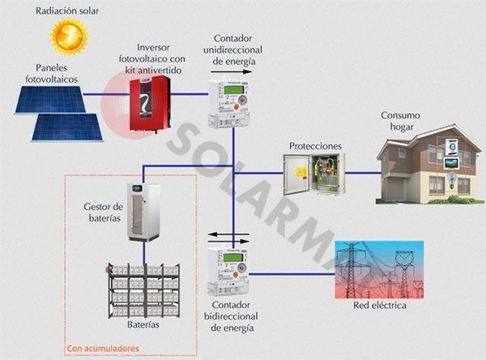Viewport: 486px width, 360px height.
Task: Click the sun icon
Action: point(69,36)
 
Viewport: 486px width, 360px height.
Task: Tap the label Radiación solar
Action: point(67,11)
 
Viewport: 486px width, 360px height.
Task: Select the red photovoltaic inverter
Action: point(149,104)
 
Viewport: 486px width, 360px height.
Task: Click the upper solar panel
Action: point(50,100)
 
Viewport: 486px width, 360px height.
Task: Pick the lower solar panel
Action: point(67,127)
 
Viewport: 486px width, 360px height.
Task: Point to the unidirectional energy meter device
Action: point(229,103)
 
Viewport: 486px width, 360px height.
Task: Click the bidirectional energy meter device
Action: point(228,271)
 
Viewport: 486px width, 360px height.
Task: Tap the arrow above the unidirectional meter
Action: point(231,71)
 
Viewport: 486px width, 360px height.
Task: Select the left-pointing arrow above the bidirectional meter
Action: point(228,234)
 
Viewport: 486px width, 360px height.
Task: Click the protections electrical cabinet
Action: point(313,174)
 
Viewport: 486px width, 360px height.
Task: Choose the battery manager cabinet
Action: point(144,212)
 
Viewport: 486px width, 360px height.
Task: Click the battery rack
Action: point(144,291)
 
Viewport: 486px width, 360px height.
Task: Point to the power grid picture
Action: point(379,270)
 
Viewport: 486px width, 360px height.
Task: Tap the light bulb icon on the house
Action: point(452,179)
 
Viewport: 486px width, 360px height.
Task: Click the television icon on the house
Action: point(451,163)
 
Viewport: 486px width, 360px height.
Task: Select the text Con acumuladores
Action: point(103,348)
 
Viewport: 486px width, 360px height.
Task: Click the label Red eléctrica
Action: point(380,306)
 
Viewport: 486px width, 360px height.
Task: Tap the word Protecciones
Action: point(315,146)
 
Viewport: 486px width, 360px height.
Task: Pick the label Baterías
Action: point(143,324)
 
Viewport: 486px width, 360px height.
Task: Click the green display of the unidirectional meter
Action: point(233,90)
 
